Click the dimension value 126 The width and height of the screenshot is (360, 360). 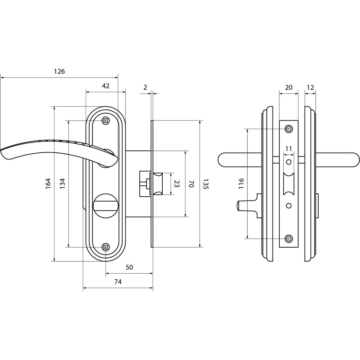tap(59, 71)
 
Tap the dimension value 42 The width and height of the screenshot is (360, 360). tap(105, 86)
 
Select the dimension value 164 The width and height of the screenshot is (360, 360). tap(48, 184)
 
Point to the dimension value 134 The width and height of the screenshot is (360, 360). tap(62, 184)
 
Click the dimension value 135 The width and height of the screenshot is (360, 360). tap(206, 184)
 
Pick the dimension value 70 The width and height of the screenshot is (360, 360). tap(191, 184)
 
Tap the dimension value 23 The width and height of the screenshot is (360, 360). tap(176, 184)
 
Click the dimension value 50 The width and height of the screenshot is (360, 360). tap(129, 267)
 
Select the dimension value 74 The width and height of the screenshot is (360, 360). tap(118, 282)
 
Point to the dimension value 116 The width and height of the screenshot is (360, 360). tap(241, 184)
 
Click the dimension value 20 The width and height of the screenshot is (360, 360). tap(289, 87)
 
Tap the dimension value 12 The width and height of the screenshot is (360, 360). tap(310, 87)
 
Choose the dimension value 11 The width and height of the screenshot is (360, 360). tap(289, 149)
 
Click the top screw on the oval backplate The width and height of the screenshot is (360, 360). tap(105, 121)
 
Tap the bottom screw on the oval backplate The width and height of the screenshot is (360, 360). tap(105, 247)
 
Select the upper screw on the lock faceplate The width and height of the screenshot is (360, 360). tap(289, 129)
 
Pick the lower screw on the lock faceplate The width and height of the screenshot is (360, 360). tap(289, 239)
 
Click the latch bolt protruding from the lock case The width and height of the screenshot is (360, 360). tap(158, 184)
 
